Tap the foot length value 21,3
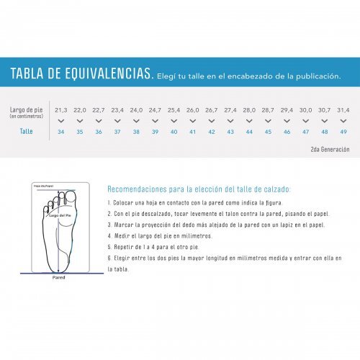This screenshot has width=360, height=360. (60, 109)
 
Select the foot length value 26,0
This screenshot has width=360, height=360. (193, 109)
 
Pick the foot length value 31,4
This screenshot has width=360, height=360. (343, 109)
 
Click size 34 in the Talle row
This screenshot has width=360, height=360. (60, 132)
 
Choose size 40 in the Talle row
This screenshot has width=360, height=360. (174, 132)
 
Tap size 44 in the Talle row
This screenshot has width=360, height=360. (249, 132)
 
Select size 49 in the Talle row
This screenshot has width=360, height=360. (343, 132)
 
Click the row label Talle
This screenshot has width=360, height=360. (27, 132)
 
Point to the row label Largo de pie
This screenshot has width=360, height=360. (26, 109)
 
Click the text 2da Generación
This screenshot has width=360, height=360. (329, 149)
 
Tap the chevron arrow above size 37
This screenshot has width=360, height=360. (117, 121)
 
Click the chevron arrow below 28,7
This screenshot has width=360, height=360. (268, 121)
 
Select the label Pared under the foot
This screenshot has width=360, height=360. (59, 276)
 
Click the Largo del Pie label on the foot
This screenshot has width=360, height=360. (61, 215)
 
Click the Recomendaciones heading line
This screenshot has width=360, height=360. (199, 189)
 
